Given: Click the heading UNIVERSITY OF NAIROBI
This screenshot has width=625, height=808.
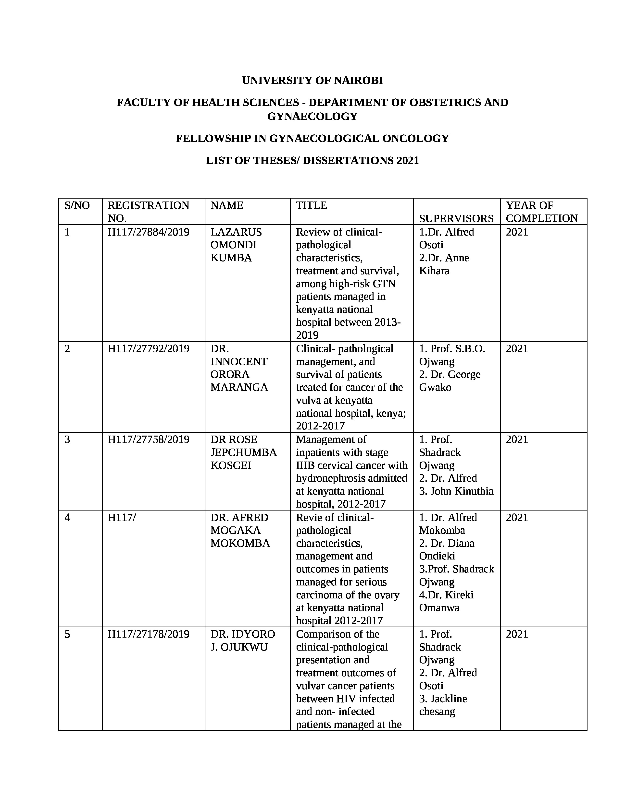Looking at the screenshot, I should pyautogui.click(x=312, y=81).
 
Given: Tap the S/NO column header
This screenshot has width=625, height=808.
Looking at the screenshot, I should pyautogui.click(x=77, y=206).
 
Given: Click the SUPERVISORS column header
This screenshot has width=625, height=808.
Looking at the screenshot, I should pyautogui.click(x=456, y=219).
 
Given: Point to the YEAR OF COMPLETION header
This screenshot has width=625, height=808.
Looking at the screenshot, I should pyautogui.click(x=542, y=212).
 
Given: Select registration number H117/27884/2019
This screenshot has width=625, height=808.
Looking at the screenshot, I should pyautogui.click(x=149, y=232).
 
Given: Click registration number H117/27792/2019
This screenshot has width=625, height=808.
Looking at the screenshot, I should pyautogui.click(x=149, y=349).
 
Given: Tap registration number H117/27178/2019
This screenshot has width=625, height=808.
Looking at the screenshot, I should pyautogui.click(x=149, y=634).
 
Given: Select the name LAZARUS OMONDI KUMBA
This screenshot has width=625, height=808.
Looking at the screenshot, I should pyautogui.click(x=236, y=245).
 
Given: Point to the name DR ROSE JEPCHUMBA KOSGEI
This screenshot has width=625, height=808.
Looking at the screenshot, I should pyautogui.click(x=243, y=452).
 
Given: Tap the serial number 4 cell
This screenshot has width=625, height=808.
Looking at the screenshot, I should pyautogui.click(x=67, y=518).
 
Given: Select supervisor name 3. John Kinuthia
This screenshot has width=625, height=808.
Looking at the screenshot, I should pyautogui.click(x=456, y=491).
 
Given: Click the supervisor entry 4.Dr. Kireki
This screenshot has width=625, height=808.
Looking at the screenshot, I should pyautogui.click(x=446, y=595).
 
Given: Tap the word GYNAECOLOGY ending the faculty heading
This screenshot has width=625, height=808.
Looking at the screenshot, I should pyautogui.click(x=312, y=117).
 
